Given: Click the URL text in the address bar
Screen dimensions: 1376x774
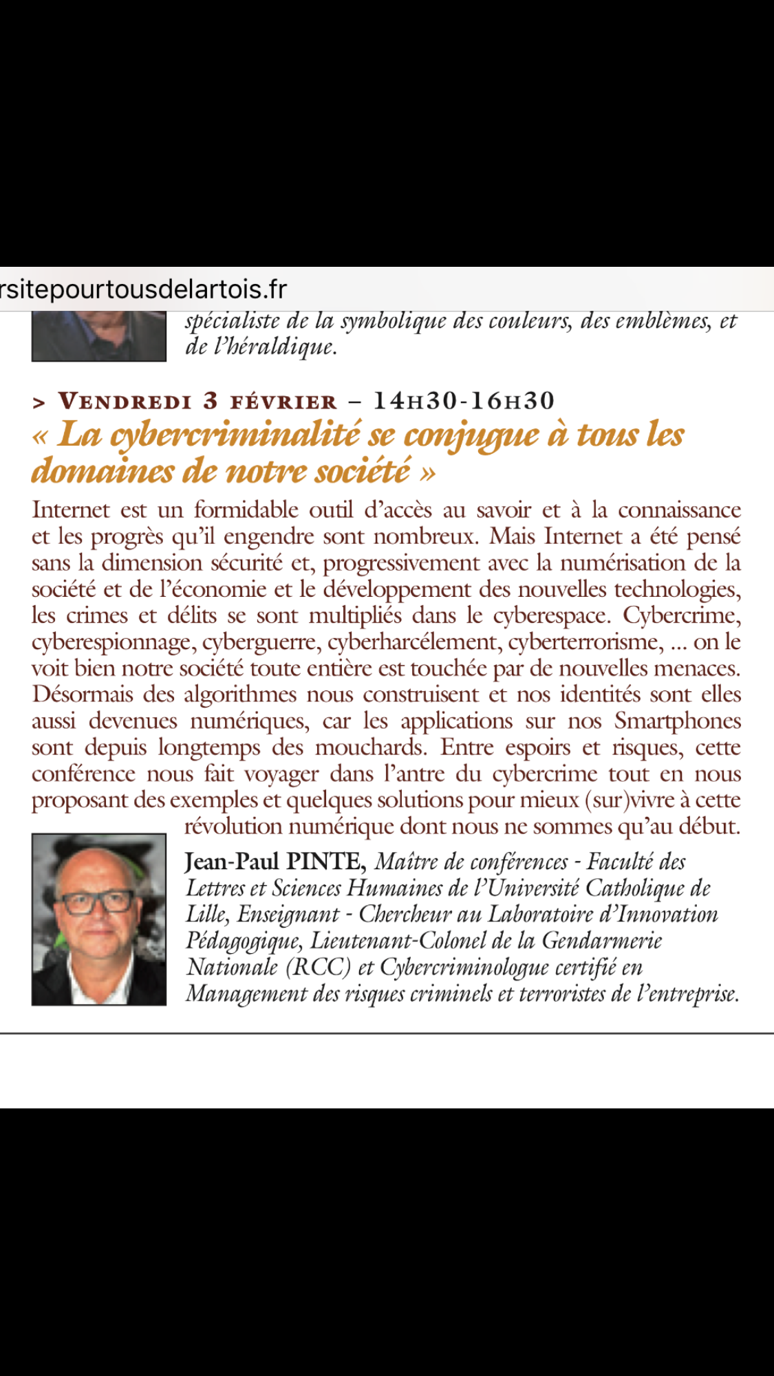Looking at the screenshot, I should coord(143,289).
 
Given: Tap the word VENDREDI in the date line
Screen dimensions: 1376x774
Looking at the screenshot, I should coord(125,401).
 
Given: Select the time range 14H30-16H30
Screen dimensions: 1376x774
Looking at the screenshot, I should coord(464,401).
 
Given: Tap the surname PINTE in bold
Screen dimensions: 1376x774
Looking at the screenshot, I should coord(325,862).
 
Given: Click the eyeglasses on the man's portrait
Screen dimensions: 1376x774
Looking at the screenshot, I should coord(97,902).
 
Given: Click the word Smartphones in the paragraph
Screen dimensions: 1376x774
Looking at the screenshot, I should coord(678,721).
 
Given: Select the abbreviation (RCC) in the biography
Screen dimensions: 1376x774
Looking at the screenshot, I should coord(317,967).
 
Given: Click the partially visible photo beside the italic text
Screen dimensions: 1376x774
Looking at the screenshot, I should coord(98,336).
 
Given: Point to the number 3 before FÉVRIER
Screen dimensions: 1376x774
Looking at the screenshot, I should coord(211,401).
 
